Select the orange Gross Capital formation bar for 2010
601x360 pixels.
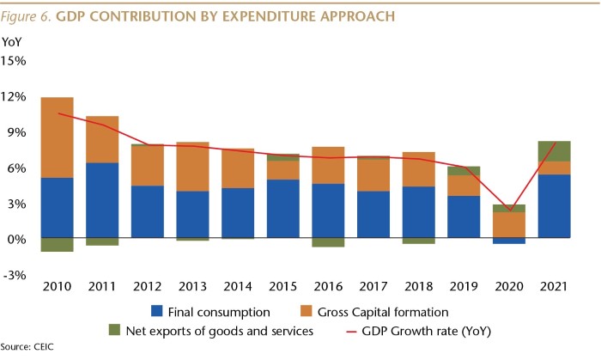click(57, 137)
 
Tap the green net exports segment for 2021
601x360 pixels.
click(554, 151)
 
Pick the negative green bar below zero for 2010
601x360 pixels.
click(57, 245)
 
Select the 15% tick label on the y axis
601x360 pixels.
click(15, 61)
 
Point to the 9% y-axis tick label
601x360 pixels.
click(17, 132)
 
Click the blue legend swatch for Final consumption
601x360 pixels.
click(155, 311)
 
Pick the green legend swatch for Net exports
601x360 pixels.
click(114, 330)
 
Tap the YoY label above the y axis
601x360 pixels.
click(12, 40)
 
